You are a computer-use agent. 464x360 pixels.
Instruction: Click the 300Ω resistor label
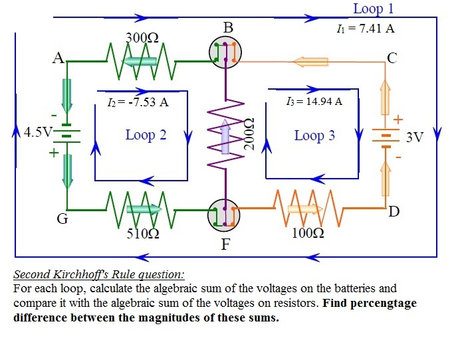click(141, 37)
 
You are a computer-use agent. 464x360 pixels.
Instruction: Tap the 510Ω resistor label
click(141, 234)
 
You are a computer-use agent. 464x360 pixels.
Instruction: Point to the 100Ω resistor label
click(308, 233)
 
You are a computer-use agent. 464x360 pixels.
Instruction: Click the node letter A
click(59, 58)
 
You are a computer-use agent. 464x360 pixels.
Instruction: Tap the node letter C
click(392, 58)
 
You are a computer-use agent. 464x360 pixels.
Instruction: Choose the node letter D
click(394, 212)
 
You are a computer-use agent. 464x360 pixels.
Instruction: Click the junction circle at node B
click(226, 52)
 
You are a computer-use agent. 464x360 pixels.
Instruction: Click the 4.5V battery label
click(37, 131)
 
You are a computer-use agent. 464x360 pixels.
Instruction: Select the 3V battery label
click(414, 137)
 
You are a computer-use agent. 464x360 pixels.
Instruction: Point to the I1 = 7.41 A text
click(366, 29)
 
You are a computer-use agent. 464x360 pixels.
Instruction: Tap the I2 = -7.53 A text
click(138, 102)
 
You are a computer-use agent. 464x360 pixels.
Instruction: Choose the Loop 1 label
click(373, 9)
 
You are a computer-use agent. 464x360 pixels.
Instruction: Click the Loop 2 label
click(146, 135)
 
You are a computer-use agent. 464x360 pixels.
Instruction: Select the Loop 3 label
click(314, 135)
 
